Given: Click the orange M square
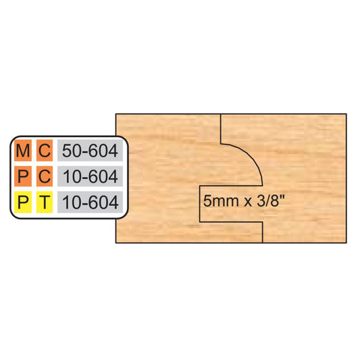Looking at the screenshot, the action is point(23,151).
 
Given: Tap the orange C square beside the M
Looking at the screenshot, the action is point(45,151).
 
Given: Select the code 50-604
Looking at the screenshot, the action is point(90,151).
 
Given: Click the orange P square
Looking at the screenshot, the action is point(23,176).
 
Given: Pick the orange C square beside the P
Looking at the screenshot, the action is point(45,176).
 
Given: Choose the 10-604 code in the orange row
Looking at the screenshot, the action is point(90,176).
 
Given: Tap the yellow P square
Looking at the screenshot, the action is point(23,202).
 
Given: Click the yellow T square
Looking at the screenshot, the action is point(45,202).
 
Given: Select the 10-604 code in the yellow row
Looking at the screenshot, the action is point(90,203).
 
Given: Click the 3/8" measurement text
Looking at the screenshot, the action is point(271,201).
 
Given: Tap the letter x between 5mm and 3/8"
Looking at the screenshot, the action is point(247,202).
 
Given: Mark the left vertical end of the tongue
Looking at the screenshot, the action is point(200,204).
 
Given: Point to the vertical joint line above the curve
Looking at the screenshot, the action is point(221,129).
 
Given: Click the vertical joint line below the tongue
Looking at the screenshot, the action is point(263,232).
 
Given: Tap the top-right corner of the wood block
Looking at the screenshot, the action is point(346,114).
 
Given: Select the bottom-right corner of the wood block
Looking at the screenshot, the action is point(346,242).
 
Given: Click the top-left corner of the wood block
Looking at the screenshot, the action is point(115,114).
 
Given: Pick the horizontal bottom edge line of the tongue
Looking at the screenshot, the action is point(231,222).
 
